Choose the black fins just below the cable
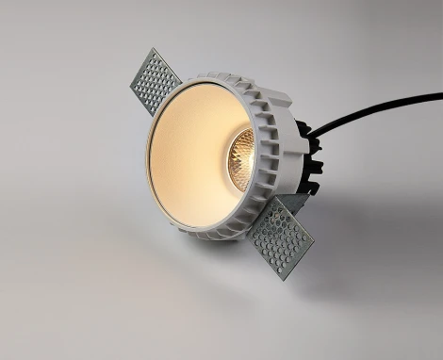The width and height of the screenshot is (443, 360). (316, 165)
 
